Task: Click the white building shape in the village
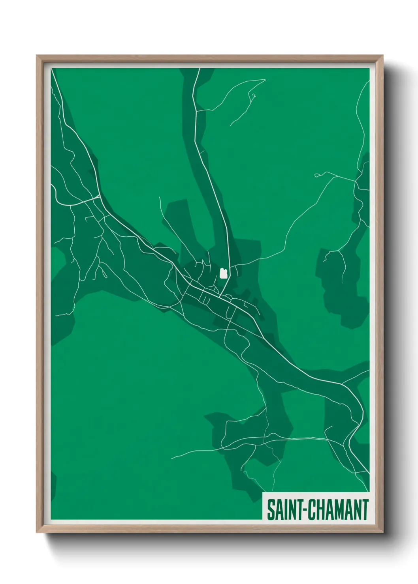click(x=223, y=273)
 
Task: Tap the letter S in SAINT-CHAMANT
click(x=271, y=510)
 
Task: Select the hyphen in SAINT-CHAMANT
click(x=303, y=511)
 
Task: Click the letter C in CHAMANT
click(x=311, y=510)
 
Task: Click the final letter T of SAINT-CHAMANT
click(x=364, y=510)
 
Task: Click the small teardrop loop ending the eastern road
click(x=316, y=175)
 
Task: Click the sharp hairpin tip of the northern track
click(x=265, y=80)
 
